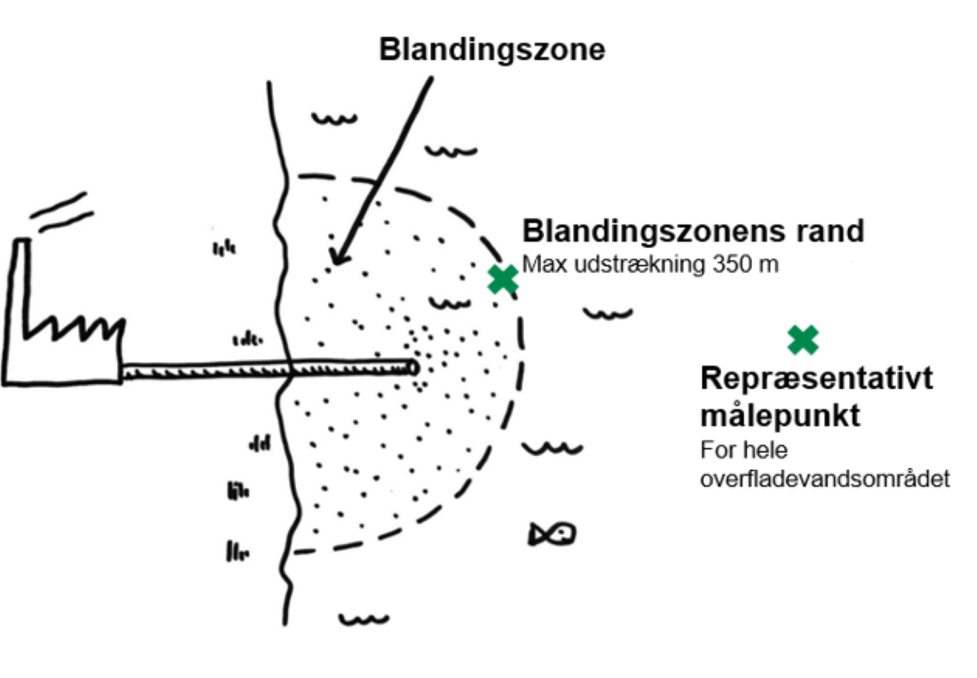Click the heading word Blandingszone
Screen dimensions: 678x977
(x=491, y=50)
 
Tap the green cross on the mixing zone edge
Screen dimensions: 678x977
(x=503, y=279)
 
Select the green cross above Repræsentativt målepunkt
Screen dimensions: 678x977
(x=803, y=340)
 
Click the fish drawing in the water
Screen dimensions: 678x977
(x=552, y=534)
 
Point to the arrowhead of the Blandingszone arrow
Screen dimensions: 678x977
(x=337, y=258)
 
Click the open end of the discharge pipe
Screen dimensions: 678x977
(x=412, y=367)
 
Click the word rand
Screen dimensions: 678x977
(x=830, y=231)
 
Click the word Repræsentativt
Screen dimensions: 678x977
(x=816, y=378)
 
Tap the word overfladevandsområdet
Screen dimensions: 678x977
(x=825, y=478)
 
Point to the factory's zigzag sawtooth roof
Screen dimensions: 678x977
(x=74, y=326)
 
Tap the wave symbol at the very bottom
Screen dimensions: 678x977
(x=363, y=619)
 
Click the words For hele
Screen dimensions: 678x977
(x=744, y=450)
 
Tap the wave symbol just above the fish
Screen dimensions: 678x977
(x=552, y=448)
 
